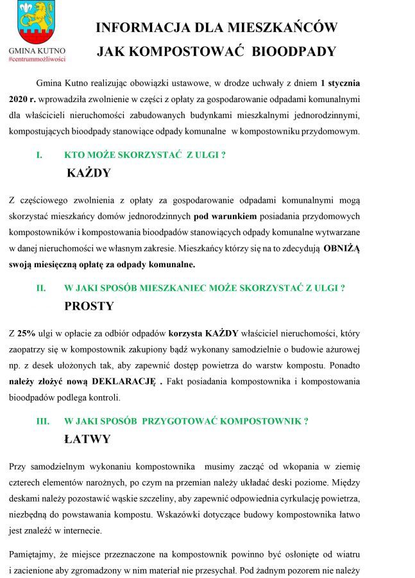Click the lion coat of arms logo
click(x=37, y=22)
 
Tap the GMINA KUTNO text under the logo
click(x=37, y=50)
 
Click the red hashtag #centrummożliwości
click(x=37, y=58)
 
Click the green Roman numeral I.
click(x=39, y=155)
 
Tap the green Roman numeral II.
click(x=40, y=288)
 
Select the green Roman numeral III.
click(x=42, y=421)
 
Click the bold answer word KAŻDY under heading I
click(x=89, y=173)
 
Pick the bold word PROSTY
click(x=89, y=306)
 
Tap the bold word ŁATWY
click(x=87, y=439)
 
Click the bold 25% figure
click(x=26, y=333)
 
